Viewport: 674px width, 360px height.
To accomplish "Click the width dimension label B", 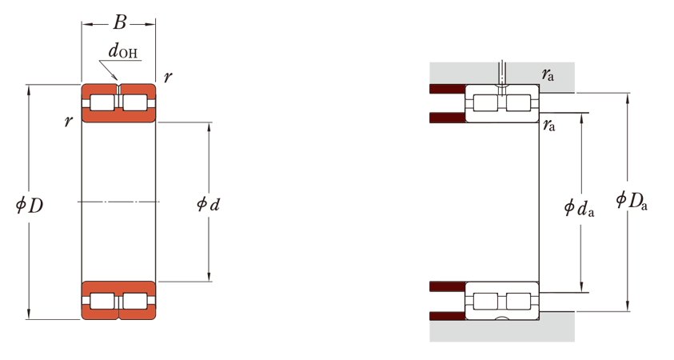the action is pyautogui.click(x=120, y=22).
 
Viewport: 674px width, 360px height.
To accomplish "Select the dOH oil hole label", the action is pyautogui.click(x=123, y=51).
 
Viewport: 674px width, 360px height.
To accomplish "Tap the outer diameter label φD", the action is pyautogui.click(x=30, y=205).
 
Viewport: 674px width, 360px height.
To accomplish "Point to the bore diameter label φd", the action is pyautogui.click(x=209, y=204).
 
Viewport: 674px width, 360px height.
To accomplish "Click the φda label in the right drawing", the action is pyautogui.click(x=580, y=208).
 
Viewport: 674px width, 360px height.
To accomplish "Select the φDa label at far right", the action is pyautogui.click(x=632, y=201).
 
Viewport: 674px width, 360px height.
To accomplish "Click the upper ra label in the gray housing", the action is pyautogui.click(x=548, y=75).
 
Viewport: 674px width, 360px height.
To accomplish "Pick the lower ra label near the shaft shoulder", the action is pyautogui.click(x=549, y=125).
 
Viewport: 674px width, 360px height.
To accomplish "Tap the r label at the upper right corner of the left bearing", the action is pyautogui.click(x=168, y=77).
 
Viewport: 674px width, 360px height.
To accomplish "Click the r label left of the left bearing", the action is pyautogui.click(x=68, y=122).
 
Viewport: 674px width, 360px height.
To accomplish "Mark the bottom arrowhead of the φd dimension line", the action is pyautogui.click(x=209, y=277).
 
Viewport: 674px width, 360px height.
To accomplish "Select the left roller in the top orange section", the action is pyautogui.click(x=102, y=102).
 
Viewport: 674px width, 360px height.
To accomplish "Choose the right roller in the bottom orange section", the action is pyautogui.click(x=135, y=301).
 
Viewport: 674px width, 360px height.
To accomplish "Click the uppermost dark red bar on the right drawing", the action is pyautogui.click(x=448, y=89).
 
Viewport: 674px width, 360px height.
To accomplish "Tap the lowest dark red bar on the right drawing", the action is pyautogui.click(x=448, y=316).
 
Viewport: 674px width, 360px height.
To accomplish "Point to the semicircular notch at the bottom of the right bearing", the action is pyautogui.click(x=502, y=318).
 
